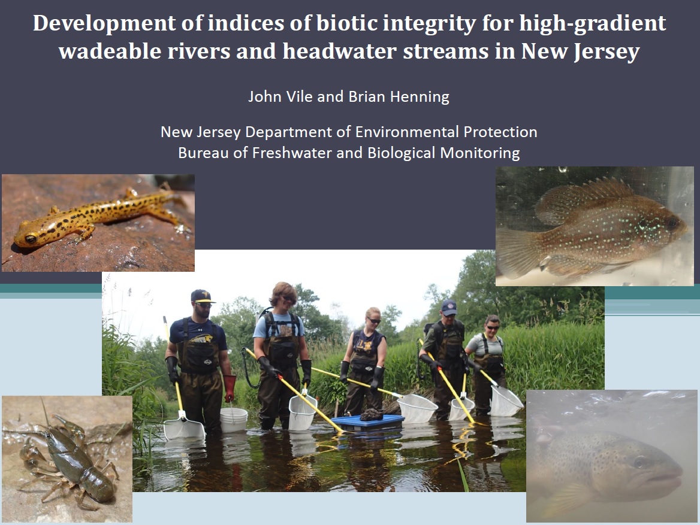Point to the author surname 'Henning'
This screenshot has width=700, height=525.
[420, 97]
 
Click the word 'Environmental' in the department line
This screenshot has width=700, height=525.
[407, 132]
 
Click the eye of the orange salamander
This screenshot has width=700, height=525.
[31, 239]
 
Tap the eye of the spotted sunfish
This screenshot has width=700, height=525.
[671, 222]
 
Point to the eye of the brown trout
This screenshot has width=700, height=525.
[639, 462]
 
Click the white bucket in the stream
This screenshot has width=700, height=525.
[234, 420]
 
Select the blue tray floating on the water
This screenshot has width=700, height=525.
[367, 421]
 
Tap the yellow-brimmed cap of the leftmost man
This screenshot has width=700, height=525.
[202, 296]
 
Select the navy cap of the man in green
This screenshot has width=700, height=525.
[449, 308]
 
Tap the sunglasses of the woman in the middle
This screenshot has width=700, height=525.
[373, 321]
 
